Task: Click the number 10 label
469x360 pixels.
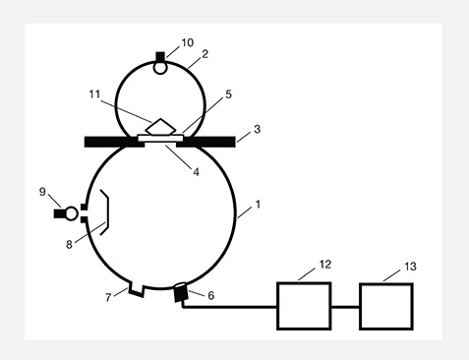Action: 188,44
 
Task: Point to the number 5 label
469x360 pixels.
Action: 227,95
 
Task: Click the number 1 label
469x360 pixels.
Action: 259,205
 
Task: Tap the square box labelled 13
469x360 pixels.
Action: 386,305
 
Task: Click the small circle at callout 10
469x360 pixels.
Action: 160,67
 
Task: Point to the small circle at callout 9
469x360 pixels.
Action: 72,212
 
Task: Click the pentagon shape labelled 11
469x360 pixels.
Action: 160,126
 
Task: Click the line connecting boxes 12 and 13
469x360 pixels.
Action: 345,306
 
